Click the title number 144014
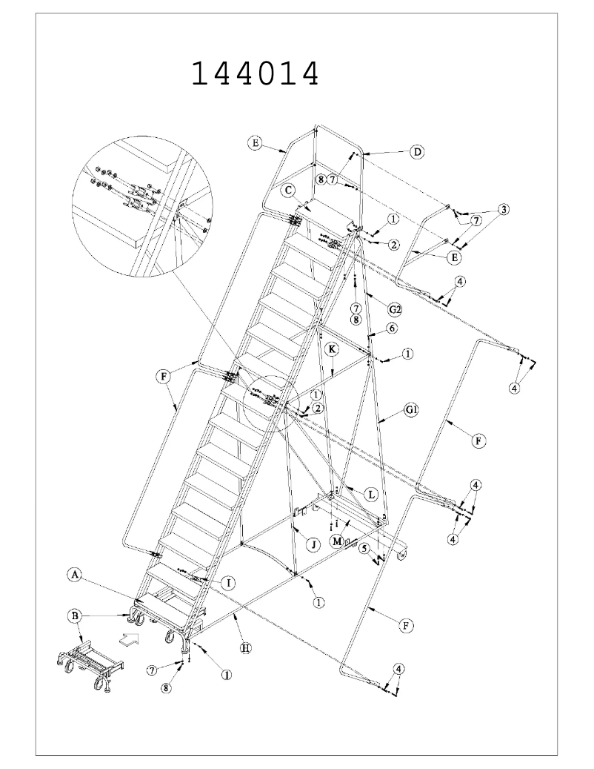click(x=256, y=74)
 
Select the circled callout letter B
click(x=74, y=615)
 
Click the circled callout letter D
click(x=417, y=152)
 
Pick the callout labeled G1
click(x=413, y=410)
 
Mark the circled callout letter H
click(x=246, y=647)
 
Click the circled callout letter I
click(x=230, y=584)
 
